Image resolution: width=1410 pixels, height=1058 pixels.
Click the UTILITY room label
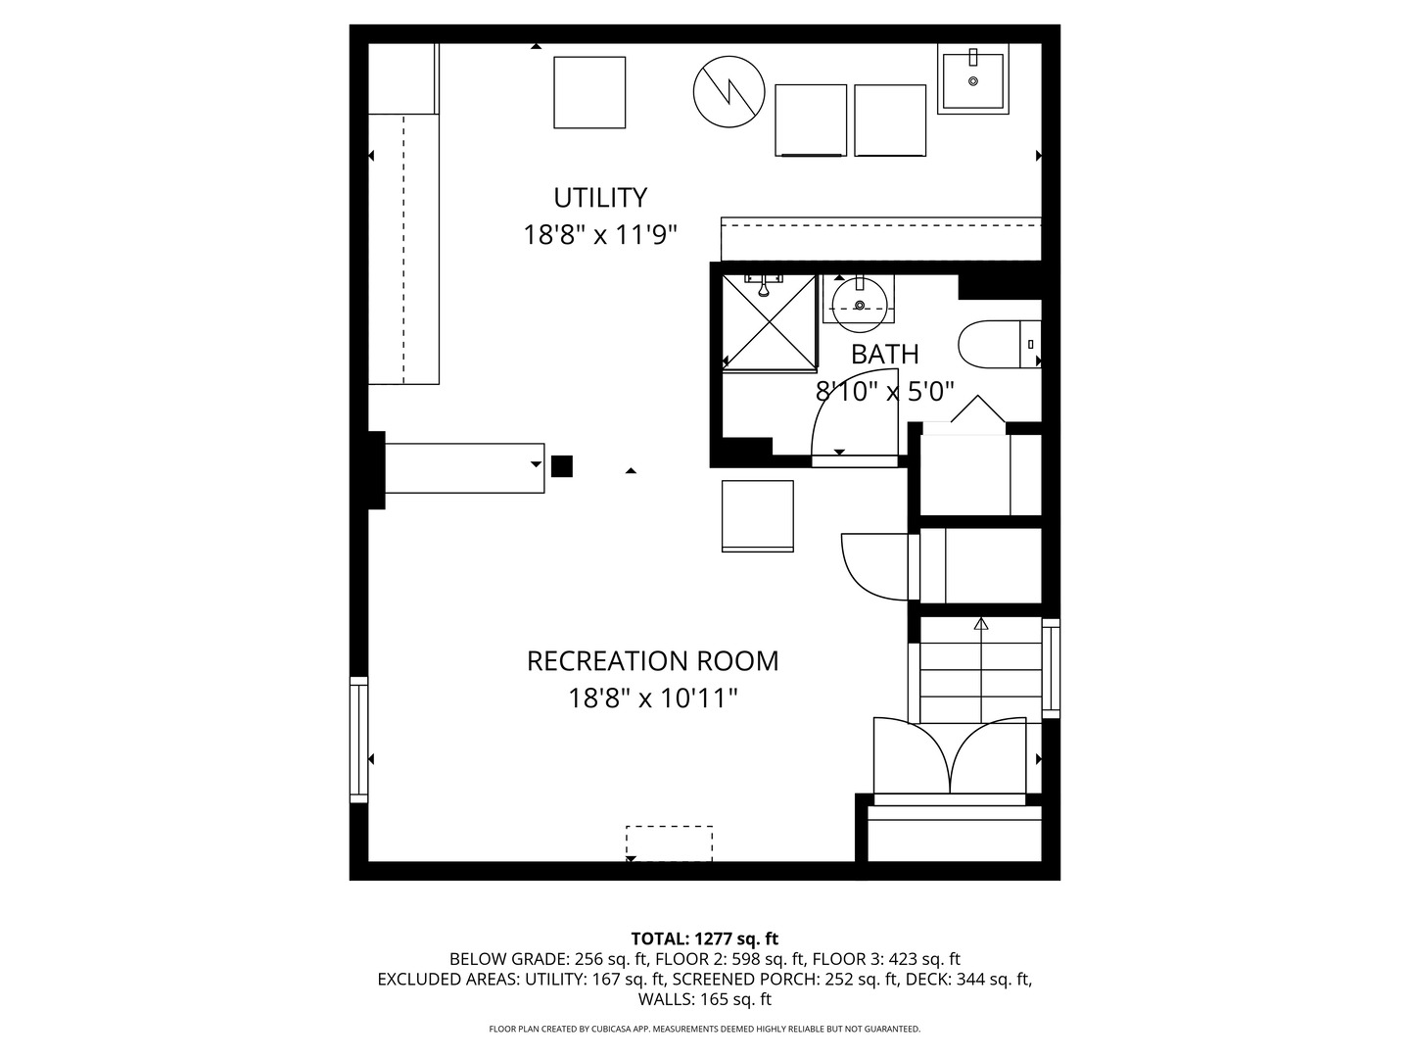(600, 198)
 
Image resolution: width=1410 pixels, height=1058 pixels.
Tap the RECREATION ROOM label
(652, 661)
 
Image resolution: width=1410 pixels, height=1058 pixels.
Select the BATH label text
(884, 355)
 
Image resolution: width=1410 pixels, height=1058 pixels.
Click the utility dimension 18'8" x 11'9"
(600, 236)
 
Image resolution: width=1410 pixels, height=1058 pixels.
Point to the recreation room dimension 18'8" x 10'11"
(652, 698)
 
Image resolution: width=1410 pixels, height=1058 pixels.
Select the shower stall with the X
(770, 322)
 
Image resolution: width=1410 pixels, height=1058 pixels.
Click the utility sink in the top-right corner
(972, 79)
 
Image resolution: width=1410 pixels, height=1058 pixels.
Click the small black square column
(561, 466)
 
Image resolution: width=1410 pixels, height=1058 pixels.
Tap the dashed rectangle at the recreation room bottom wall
(669, 842)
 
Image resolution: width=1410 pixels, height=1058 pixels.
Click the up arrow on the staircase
(981, 624)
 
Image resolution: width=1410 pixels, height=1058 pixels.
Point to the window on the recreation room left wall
(358, 740)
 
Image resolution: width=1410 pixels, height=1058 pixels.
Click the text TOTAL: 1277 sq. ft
(704, 939)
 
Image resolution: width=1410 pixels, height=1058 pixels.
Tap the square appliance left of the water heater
(589, 92)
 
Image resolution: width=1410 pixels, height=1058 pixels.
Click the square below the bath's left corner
(758, 515)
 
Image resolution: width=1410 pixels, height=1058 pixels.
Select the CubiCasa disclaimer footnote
(704, 1029)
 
